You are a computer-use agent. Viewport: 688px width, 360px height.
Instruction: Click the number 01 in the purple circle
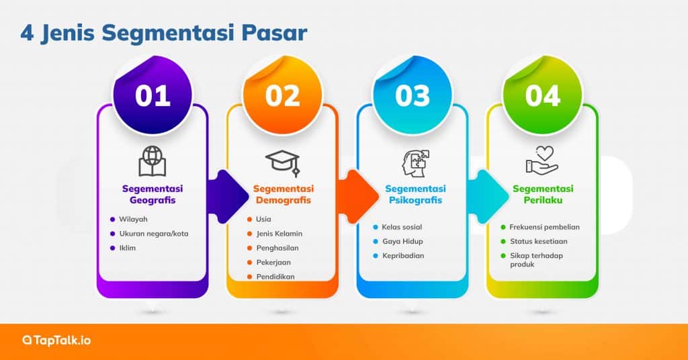click(153, 95)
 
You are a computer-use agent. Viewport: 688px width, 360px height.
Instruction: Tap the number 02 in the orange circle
click(282, 95)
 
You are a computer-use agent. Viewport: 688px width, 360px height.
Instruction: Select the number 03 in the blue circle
click(413, 95)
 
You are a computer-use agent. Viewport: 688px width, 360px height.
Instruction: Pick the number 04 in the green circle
click(542, 95)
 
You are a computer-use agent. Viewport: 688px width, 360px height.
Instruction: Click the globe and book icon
click(153, 161)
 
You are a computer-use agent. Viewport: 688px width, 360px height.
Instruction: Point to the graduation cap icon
click(282, 162)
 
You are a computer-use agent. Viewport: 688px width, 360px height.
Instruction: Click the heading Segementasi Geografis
click(153, 194)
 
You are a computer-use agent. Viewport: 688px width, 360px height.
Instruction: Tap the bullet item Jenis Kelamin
click(279, 234)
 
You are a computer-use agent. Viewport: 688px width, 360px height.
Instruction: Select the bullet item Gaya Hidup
click(402, 241)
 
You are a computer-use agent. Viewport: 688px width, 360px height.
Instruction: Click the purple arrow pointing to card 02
click(226, 195)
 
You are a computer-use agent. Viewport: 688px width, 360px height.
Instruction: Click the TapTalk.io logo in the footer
click(56, 341)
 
